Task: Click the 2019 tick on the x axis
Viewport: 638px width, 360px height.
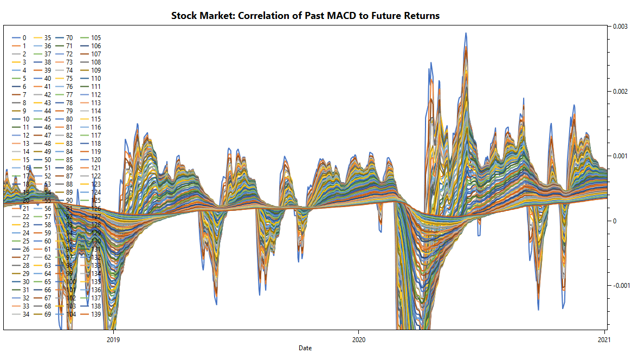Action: point(113,340)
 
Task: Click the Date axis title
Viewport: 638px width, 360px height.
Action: point(305,348)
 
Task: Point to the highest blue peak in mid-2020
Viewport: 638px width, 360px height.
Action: point(466,34)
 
